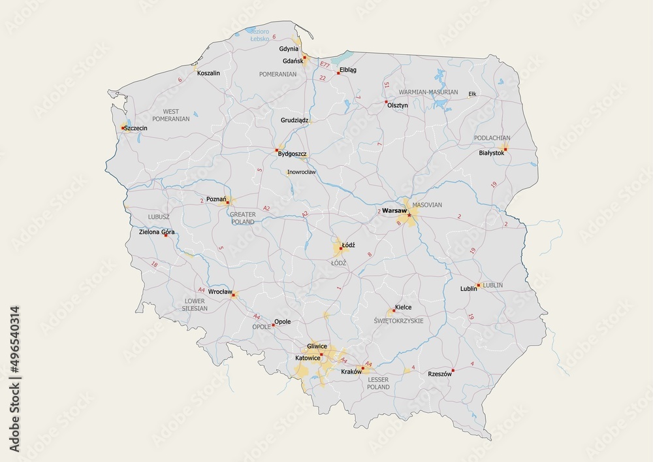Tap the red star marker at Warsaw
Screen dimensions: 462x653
point(409,215)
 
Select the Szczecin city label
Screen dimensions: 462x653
point(136,128)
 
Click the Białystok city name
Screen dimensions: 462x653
point(491,152)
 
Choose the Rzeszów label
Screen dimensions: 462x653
point(439,374)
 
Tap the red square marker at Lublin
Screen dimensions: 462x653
point(479,285)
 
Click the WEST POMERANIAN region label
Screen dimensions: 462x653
point(170,116)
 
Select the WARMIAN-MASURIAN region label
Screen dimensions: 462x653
point(428,92)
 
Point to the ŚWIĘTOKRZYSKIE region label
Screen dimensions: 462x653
point(398,321)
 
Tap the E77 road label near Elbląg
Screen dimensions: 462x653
point(325,64)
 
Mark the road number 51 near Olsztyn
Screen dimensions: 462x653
point(387,85)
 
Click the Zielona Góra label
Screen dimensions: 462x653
point(157,231)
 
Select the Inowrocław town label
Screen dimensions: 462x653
point(301,173)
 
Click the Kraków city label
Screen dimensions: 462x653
point(351,371)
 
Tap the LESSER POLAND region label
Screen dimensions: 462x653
point(379,383)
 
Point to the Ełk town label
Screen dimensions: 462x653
point(472,94)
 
